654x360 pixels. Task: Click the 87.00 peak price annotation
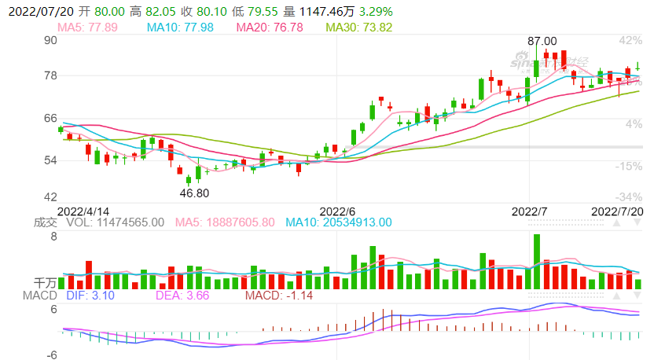(x=542, y=41)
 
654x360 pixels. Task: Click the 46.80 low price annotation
(x=195, y=193)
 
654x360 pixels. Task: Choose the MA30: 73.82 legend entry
(x=359, y=28)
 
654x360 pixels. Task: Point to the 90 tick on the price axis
(x=51, y=40)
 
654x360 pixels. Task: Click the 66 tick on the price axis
(x=51, y=118)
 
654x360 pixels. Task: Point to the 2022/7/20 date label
(x=617, y=211)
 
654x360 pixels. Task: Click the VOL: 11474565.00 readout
(x=116, y=222)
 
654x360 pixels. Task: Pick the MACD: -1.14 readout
(x=280, y=295)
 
